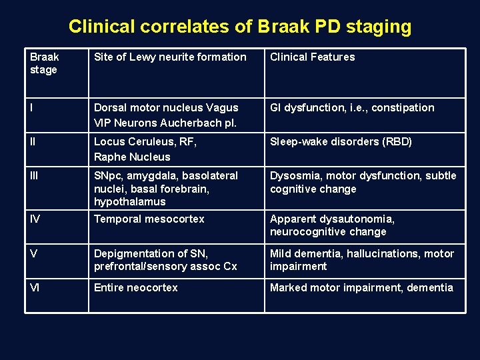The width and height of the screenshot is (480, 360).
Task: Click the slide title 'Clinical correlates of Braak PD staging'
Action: coord(240,27)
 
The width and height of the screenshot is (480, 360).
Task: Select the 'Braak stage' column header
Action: coord(44,63)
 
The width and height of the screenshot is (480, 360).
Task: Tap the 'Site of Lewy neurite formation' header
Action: coord(170,57)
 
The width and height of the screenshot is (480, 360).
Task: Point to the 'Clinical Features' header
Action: coord(312,57)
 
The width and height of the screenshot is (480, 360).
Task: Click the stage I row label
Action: coord(32,108)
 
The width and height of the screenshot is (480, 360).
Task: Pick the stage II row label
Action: coord(33,141)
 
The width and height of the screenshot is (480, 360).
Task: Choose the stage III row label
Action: coord(35,176)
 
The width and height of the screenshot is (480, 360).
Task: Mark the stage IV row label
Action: coord(35,219)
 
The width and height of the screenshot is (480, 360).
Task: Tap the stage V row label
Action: coord(33,253)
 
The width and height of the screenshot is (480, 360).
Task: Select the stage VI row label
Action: coord(35,288)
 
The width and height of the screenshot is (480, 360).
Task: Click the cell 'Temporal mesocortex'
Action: coord(149,219)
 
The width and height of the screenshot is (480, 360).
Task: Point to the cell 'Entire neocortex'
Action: coord(136,288)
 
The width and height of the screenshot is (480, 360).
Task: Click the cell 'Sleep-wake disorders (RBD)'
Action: coord(341,141)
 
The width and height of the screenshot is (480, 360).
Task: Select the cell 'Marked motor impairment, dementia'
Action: coord(361,288)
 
